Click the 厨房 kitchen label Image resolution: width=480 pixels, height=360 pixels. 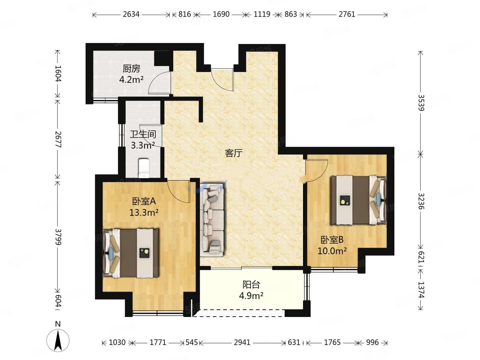131,69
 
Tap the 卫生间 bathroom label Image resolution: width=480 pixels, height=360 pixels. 143,134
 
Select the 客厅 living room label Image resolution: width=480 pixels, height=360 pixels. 234,153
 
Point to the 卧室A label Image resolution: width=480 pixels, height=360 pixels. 144,201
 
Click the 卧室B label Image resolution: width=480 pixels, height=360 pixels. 332,240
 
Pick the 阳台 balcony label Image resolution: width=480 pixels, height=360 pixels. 251,285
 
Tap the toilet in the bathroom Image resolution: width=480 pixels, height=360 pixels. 144,168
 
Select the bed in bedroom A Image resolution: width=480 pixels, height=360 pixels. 131,253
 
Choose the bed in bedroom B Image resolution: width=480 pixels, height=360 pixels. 359,200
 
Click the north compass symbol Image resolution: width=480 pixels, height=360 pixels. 58,340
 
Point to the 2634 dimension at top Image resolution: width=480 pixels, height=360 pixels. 131,14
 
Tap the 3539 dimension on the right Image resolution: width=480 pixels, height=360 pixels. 421,103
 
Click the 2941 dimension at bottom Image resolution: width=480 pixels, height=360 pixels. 242,342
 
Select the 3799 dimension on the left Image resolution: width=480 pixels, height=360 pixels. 58,237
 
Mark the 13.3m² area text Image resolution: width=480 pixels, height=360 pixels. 144,212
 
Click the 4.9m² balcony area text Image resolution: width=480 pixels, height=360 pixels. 251,296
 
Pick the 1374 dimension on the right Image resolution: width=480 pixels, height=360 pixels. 421,290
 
